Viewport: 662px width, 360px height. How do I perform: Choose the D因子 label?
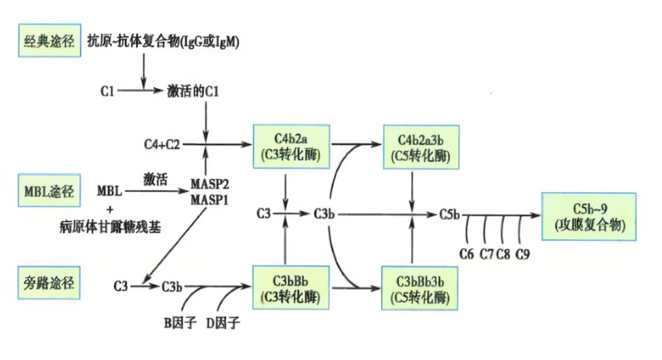pos(223,324)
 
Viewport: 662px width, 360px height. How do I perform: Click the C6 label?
pos(468,253)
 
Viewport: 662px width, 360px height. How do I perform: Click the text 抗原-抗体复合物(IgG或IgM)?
pos(163,42)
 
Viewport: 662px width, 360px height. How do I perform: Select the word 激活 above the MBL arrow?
pos(153,177)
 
